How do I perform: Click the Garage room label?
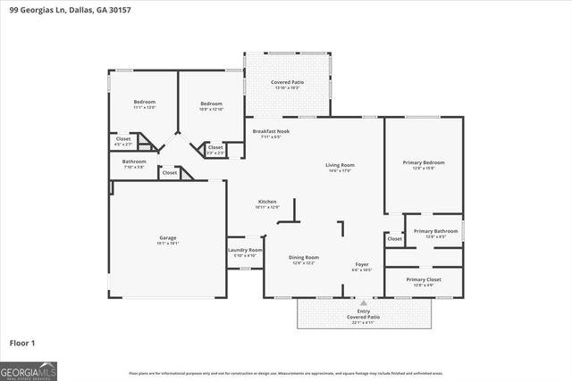pyautogui.click(x=168, y=237)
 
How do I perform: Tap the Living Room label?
pyautogui.click(x=340, y=165)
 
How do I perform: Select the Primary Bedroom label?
pyautogui.click(x=424, y=162)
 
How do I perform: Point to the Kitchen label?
pyautogui.click(x=267, y=202)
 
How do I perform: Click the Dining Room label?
pyautogui.click(x=304, y=258)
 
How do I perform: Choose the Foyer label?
pyautogui.click(x=362, y=264)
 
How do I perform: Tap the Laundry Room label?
pyautogui.click(x=245, y=251)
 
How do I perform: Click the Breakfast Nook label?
pyautogui.click(x=266, y=132)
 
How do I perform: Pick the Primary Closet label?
pyautogui.click(x=424, y=280)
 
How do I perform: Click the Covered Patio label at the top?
pyautogui.click(x=288, y=82)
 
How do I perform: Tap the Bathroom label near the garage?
pyautogui.click(x=134, y=162)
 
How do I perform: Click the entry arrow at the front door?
pyautogui.click(x=363, y=303)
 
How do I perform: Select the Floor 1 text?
pyautogui.click(x=21, y=343)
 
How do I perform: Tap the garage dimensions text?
pyautogui.click(x=168, y=243)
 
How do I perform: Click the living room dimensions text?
pyautogui.click(x=340, y=170)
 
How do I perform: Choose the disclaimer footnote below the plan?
pyautogui.click(x=285, y=373)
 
